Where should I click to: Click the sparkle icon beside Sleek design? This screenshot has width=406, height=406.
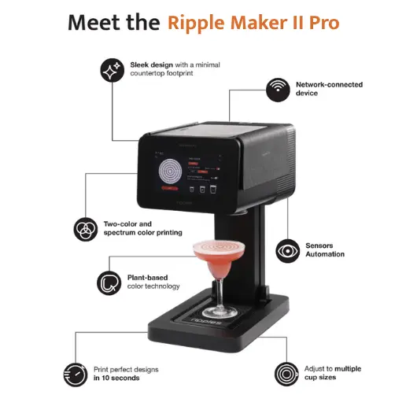113,70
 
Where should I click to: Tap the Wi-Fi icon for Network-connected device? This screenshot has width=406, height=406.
278,90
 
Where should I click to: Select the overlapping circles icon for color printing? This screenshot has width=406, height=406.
86,229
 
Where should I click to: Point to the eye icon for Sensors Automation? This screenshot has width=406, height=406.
287,251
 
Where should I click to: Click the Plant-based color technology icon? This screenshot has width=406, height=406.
109,283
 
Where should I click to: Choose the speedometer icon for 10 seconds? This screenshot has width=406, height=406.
76,375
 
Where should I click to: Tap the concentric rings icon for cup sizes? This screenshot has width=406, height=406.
286,375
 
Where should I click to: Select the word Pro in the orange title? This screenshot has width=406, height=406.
324,23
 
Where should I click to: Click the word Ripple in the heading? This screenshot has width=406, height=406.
196,24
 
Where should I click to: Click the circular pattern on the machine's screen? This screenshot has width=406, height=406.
170,172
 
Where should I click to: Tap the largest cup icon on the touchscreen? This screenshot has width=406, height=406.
213,190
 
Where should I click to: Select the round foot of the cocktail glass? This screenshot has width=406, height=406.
220,312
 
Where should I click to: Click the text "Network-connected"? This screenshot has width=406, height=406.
329,85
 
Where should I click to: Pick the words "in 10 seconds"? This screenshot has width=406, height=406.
116,378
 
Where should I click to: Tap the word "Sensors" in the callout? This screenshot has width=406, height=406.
319,245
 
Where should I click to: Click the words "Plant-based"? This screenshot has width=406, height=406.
147,278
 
